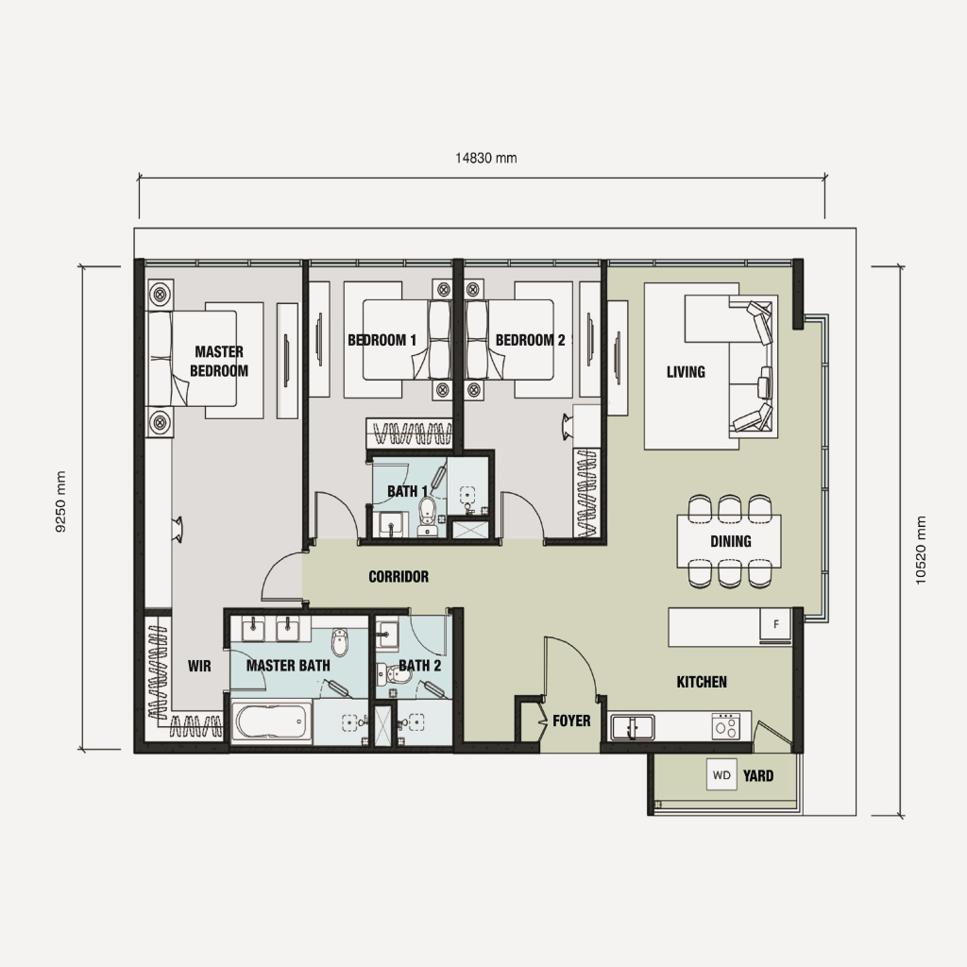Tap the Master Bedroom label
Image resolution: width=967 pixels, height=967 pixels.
219,362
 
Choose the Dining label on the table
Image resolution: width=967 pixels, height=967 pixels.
731,541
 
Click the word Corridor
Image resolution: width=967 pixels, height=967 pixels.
399,576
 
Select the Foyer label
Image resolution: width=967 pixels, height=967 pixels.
571,721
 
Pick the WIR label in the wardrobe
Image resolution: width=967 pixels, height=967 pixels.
199,666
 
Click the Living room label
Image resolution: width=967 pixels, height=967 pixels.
686,372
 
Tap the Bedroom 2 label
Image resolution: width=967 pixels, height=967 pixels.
530,340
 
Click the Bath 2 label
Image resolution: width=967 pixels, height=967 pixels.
419,666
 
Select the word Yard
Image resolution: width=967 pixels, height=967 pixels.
758,776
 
